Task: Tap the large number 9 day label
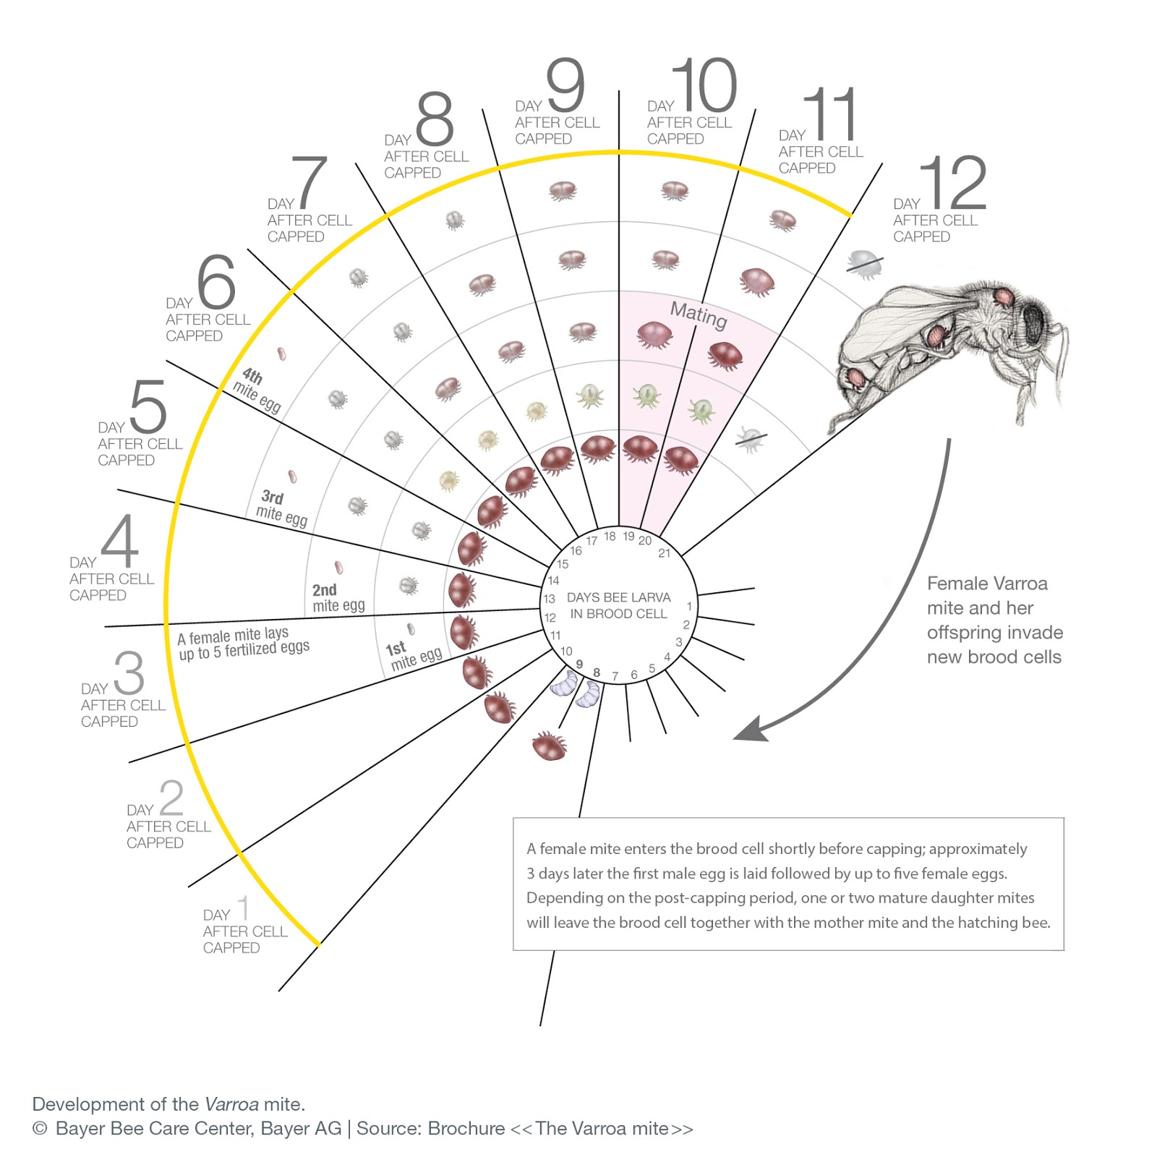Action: [565, 85]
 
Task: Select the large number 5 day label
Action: [148, 406]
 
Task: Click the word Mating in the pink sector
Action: [698, 315]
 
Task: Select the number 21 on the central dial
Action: [664, 553]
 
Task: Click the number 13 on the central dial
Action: [550, 599]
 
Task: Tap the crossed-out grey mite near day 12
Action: [864, 264]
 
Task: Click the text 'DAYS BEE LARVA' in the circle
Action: [618, 597]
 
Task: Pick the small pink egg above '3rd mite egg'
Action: [292, 477]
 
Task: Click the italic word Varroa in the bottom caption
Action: [231, 1104]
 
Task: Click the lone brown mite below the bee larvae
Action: [549, 746]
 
